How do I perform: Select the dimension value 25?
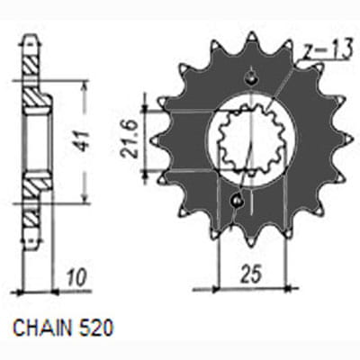coord(251,274)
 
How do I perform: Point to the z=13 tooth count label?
coord(325,52)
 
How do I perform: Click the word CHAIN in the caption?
coord(42,328)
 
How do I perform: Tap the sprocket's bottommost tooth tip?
coord(251,247)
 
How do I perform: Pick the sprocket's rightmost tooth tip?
coord(350,139)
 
